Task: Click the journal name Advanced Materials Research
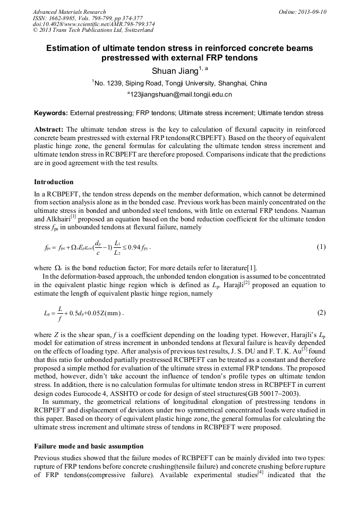[x=69, y=12]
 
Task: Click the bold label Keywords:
[x=50, y=113]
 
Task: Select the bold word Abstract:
[x=49, y=130]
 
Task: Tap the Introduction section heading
[x=54, y=182]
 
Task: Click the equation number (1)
[x=321, y=247]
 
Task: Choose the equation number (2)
[x=321, y=313]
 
